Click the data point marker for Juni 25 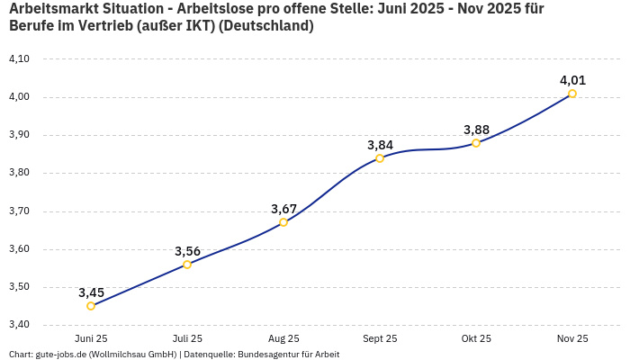(x=91, y=306)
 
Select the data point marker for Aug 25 (x=283, y=222)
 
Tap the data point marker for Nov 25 (x=572, y=94)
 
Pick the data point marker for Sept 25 (x=380, y=158)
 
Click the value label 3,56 (x=187, y=251)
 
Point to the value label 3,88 (x=476, y=130)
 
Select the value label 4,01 (x=572, y=80)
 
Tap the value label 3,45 (x=91, y=292)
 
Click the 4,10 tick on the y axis (x=19, y=58)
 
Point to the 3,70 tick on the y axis (x=19, y=211)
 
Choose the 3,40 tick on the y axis (x=19, y=325)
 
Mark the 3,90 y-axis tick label (x=19, y=135)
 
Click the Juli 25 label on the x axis (x=187, y=339)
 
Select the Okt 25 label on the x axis (x=476, y=339)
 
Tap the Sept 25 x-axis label (x=380, y=339)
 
